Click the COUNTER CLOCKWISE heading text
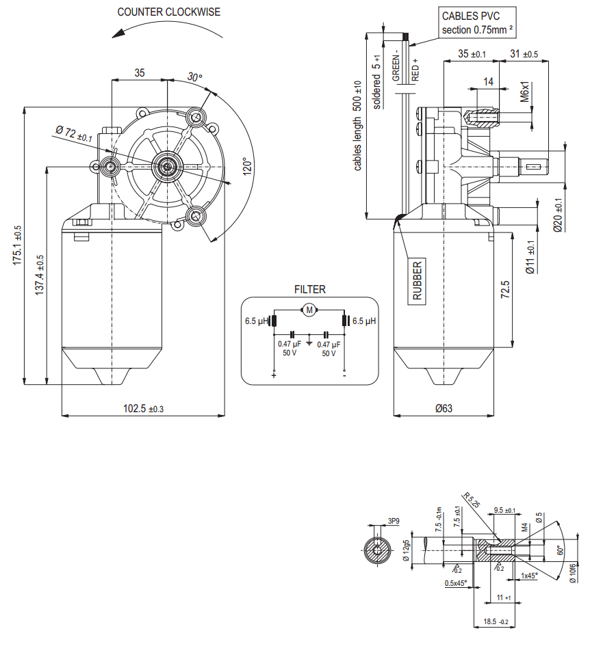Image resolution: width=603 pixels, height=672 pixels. tap(169, 12)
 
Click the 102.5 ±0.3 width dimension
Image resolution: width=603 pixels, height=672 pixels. tap(143, 409)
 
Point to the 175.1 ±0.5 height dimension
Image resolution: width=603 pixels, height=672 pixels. tap(18, 245)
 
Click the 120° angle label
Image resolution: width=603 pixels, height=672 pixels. tap(247, 167)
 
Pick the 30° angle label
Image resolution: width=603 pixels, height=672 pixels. tap(195, 78)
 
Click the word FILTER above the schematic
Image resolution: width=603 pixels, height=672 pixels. tap(309, 289)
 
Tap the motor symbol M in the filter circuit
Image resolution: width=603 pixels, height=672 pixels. tap(309, 310)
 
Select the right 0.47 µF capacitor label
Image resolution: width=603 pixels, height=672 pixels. tap(329, 349)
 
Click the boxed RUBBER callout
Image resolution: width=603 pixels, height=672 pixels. tap(417, 280)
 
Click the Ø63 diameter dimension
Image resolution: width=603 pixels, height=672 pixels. tap(444, 409)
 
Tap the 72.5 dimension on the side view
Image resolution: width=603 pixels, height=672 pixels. tap(505, 290)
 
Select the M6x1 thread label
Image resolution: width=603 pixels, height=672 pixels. tap(525, 92)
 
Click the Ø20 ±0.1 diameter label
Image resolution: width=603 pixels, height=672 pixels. tap(558, 215)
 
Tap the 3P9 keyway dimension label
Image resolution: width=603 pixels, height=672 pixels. tap(393, 521)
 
